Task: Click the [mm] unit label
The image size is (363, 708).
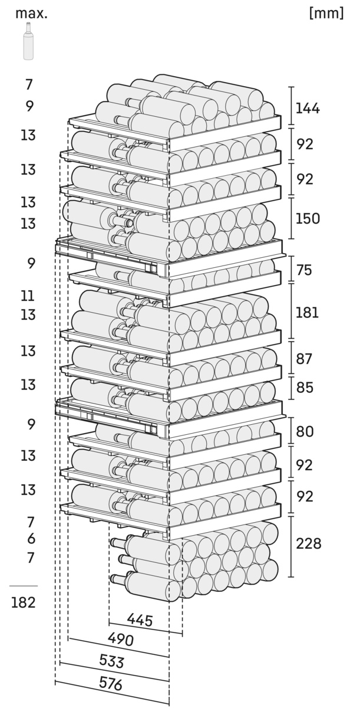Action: pyautogui.click(x=326, y=14)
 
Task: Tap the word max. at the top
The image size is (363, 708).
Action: pyautogui.click(x=31, y=13)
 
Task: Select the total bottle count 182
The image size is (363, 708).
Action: pyautogui.click(x=23, y=602)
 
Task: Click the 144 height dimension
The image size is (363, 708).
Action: pyautogui.click(x=308, y=108)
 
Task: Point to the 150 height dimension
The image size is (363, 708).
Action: pyautogui.click(x=308, y=218)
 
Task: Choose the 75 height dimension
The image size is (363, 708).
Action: pyautogui.click(x=305, y=270)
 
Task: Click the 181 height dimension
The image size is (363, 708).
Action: pyautogui.click(x=307, y=313)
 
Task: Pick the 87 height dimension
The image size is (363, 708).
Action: pyautogui.click(x=305, y=359)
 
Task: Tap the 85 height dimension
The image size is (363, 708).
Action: pyautogui.click(x=305, y=388)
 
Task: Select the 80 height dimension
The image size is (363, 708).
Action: pyautogui.click(x=305, y=431)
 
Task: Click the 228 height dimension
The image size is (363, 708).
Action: pyautogui.click(x=309, y=543)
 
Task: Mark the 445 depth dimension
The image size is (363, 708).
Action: pyautogui.click(x=140, y=620)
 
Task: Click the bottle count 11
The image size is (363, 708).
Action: pyautogui.click(x=28, y=296)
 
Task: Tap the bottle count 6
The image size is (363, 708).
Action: pyautogui.click(x=31, y=539)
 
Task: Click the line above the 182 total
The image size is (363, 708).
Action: pyautogui.click(x=23, y=586)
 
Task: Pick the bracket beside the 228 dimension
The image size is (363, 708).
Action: pyautogui.click(x=291, y=546)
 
